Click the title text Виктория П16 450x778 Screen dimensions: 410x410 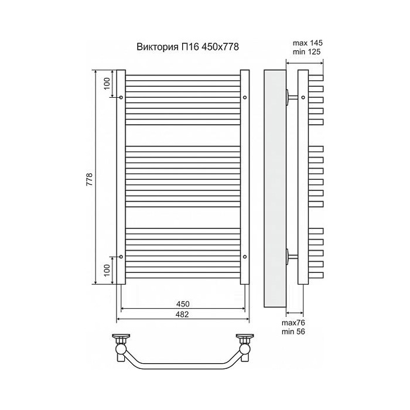point(188,47)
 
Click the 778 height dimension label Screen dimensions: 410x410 point(90,179)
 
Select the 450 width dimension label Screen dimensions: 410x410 point(183,304)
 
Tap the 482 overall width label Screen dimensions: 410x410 point(182,315)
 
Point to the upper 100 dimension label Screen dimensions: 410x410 point(107,84)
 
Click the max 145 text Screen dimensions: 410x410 point(307,43)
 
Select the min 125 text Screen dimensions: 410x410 point(306,52)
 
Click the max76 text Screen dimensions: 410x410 point(293,323)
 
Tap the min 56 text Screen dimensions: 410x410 point(293,332)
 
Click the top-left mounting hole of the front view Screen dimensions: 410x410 point(121,98)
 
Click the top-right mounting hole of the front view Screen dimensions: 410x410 point(245,98)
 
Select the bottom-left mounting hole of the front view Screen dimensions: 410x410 point(121,257)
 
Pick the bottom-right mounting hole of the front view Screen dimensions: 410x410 point(245,257)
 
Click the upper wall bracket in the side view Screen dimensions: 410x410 point(292,97)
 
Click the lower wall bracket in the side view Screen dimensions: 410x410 point(292,257)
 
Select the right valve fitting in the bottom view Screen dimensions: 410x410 point(244,347)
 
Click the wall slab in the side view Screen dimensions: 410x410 point(275,188)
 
